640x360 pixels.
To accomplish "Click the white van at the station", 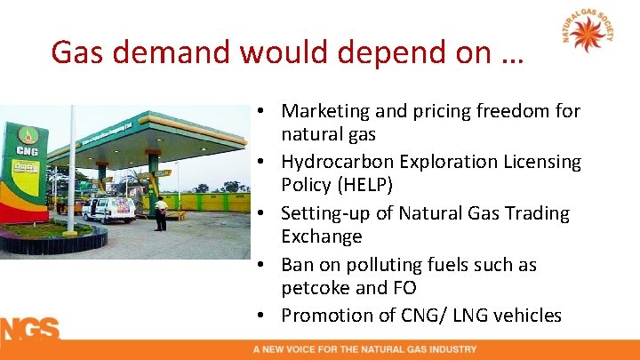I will (108, 210).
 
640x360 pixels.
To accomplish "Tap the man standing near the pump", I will (161, 213).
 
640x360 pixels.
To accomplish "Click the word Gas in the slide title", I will (82, 53).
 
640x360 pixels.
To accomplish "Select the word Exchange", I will (322, 236).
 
